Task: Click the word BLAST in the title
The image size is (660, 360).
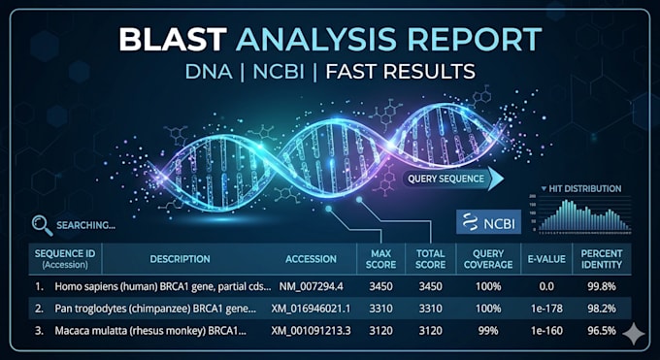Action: click(173, 39)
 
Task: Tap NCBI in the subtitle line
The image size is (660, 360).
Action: click(279, 72)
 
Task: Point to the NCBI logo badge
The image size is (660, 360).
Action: click(488, 222)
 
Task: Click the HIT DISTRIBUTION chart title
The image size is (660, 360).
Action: click(581, 188)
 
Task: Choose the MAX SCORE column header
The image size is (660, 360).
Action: click(380, 259)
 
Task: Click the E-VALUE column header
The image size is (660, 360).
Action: click(546, 259)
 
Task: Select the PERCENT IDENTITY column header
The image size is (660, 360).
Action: click(602, 259)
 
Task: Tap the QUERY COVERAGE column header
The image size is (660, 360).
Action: click(488, 259)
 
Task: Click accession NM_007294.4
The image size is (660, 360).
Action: click(311, 286)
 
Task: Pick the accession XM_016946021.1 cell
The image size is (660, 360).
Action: click(311, 309)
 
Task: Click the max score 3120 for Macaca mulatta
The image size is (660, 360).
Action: click(380, 331)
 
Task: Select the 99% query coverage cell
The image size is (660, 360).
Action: click(488, 331)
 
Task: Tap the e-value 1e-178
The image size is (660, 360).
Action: click(546, 309)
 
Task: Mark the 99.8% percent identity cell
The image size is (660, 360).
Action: click(602, 286)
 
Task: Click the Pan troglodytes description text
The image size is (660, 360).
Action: click(155, 309)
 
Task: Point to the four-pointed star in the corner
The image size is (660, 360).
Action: click(634, 335)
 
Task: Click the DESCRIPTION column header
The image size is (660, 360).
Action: click(181, 259)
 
